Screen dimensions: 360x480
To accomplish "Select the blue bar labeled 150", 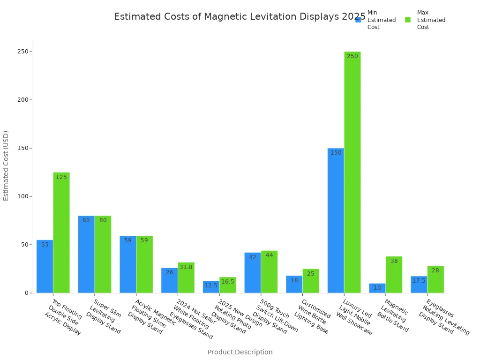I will pyautogui.click(x=336, y=220).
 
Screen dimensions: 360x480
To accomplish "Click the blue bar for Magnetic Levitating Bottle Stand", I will pyautogui.click(x=377, y=288).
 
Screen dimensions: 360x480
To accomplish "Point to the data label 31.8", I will pyautogui.click(x=186, y=267).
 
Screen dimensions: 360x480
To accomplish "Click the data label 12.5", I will pyautogui.click(x=211, y=285).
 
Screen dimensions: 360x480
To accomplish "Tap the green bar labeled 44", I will pyautogui.click(x=269, y=271).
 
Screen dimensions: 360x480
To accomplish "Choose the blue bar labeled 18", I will pyautogui.click(x=294, y=284).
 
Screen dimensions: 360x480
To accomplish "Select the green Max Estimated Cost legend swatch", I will pyautogui.click(x=408, y=20).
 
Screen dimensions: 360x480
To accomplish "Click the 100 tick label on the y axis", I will pyautogui.click(x=23, y=196).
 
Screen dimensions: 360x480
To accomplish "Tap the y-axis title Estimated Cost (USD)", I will pyautogui.click(x=6, y=165).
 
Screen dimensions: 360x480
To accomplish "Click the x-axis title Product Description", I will pyautogui.click(x=240, y=352).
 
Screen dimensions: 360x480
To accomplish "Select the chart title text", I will pyautogui.click(x=240, y=17).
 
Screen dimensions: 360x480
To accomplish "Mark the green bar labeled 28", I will pyautogui.click(x=435, y=279).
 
